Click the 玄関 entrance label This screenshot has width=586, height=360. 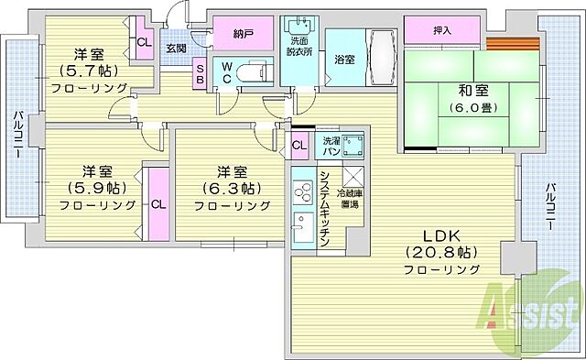(176, 49)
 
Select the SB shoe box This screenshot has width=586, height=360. (200, 71)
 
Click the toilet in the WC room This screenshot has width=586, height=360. (254, 70)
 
